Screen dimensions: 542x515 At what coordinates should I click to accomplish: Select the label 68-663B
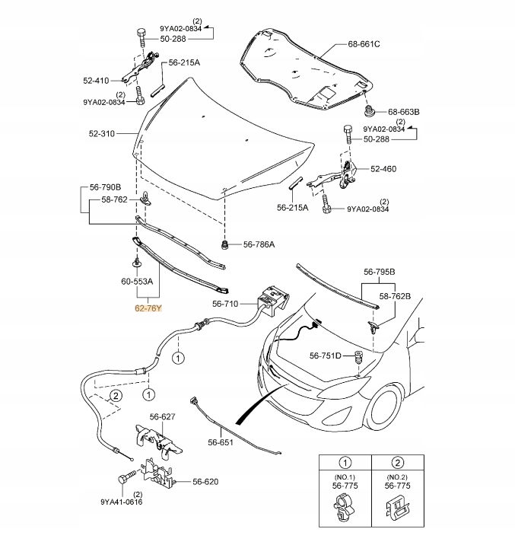404,112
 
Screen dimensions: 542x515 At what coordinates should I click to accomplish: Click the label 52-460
383,169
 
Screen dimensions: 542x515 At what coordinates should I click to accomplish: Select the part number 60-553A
138,282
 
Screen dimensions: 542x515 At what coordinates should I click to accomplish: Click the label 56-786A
259,244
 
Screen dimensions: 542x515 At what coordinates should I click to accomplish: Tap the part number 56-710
226,304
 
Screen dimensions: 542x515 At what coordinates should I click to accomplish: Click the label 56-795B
384,271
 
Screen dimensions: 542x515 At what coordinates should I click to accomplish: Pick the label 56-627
163,416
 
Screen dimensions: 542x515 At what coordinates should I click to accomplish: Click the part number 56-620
205,481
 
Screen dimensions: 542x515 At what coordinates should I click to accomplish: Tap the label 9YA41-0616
121,502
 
